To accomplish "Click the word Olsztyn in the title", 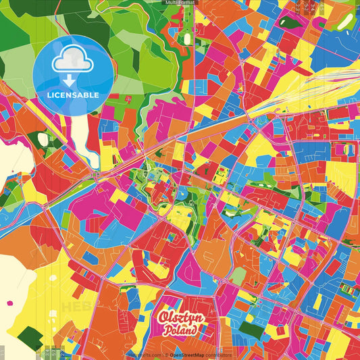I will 178,317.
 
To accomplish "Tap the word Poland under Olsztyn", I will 180,331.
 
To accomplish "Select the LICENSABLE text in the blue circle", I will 73,95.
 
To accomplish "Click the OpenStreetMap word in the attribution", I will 192,354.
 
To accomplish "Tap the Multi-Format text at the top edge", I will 180,3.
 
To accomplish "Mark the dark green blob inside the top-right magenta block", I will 291,21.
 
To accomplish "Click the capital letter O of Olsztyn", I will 163,317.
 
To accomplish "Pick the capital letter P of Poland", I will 165,332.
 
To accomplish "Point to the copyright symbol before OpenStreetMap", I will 167,354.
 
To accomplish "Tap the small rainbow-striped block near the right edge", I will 349,290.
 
